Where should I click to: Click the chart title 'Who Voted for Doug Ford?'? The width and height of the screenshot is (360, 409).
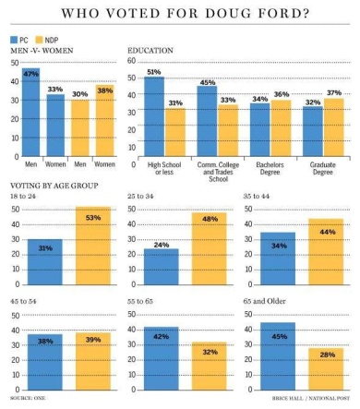pos(180,14)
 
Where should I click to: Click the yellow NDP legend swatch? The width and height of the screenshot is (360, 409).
pos(40,41)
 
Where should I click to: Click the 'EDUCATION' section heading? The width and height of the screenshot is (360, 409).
pos(150,52)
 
